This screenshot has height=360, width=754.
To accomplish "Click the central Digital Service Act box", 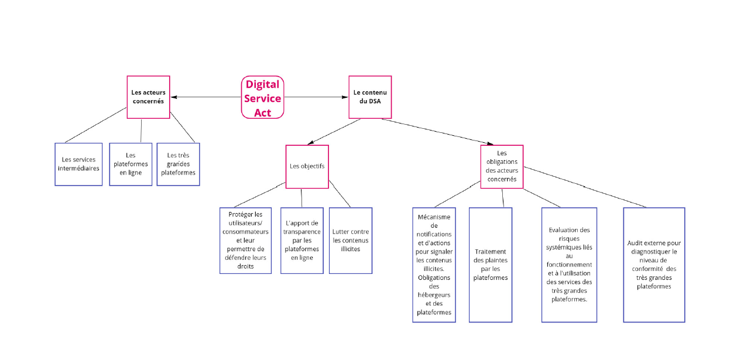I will (x=262, y=98).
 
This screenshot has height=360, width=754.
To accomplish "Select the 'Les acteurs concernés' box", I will (x=148, y=97).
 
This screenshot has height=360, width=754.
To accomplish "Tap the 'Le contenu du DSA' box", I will (x=370, y=97).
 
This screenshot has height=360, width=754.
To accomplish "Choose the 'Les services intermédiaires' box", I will (x=78, y=164).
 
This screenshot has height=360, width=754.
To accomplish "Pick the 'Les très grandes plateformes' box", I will (x=178, y=164).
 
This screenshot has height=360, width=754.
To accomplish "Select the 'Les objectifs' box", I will (x=307, y=166).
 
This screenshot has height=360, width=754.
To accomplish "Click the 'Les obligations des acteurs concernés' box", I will (x=502, y=166).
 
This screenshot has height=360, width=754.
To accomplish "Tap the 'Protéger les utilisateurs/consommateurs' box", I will (x=245, y=241).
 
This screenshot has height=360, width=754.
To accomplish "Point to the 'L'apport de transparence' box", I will (x=301, y=241).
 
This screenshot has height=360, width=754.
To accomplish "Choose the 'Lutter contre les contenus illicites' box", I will (x=350, y=241).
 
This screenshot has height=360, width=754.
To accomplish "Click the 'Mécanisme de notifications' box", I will (x=434, y=265).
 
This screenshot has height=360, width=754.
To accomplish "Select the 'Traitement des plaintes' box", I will (x=490, y=265).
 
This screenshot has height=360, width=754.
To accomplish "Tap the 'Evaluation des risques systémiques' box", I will (x=569, y=265).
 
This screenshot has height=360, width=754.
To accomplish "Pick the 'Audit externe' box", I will (x=653, y=265).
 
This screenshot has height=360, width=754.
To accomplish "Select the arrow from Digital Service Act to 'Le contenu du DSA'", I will (x=316, y=97).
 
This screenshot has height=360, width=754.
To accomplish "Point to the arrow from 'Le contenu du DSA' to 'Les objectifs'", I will (x=334, y=131).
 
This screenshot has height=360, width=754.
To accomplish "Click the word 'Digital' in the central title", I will (x=262, y=84).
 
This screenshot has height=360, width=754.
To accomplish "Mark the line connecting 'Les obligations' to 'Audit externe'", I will (x=585, y=187).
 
